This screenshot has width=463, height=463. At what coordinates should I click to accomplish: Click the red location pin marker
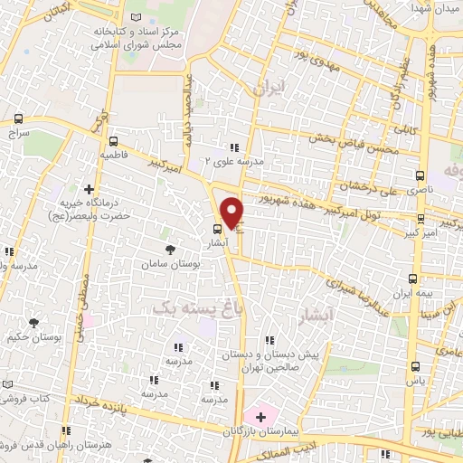point(232,213)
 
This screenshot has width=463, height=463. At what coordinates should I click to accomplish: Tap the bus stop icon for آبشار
point(217,229)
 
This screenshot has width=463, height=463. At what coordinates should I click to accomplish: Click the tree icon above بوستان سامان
point(169,249)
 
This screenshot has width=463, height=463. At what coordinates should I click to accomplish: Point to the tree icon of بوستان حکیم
point(34,322)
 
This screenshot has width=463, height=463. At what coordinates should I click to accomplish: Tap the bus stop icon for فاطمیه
point(113,141)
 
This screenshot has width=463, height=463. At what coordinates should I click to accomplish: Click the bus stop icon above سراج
point(19,118)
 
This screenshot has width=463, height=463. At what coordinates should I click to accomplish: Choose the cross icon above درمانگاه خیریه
point(89,190)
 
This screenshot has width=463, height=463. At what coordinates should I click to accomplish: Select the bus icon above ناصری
point(420,175)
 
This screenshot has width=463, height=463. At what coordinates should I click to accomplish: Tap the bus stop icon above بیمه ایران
point(413,279)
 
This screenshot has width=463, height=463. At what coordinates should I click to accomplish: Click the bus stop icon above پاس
point(415,366)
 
